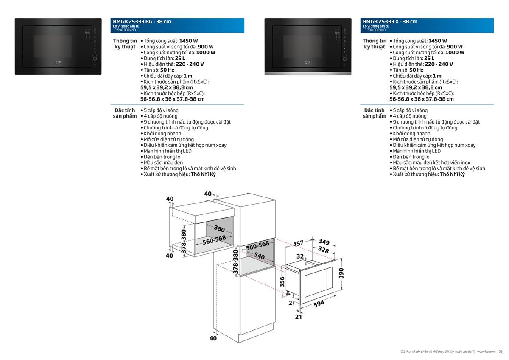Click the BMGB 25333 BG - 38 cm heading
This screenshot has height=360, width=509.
coord(142,21)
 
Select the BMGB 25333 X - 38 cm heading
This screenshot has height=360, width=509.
coord(390,21)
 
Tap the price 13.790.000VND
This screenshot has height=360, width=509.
coord(374,30)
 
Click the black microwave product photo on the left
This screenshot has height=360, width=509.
coord(58,47)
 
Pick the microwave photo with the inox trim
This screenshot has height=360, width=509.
coord(308,47)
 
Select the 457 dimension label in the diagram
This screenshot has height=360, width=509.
coord(298,244)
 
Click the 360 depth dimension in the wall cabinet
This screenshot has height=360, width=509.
coord(219,228)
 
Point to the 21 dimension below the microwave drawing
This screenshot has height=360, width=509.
coord(298,317)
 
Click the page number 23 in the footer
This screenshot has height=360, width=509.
coord(501,352)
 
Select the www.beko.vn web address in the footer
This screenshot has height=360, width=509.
coord(486,352)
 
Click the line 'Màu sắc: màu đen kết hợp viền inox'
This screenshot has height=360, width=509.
coord(431,163)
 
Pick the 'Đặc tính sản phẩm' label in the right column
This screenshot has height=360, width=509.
coord(374,113)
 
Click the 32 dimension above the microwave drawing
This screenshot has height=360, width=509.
coord(300,256)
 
